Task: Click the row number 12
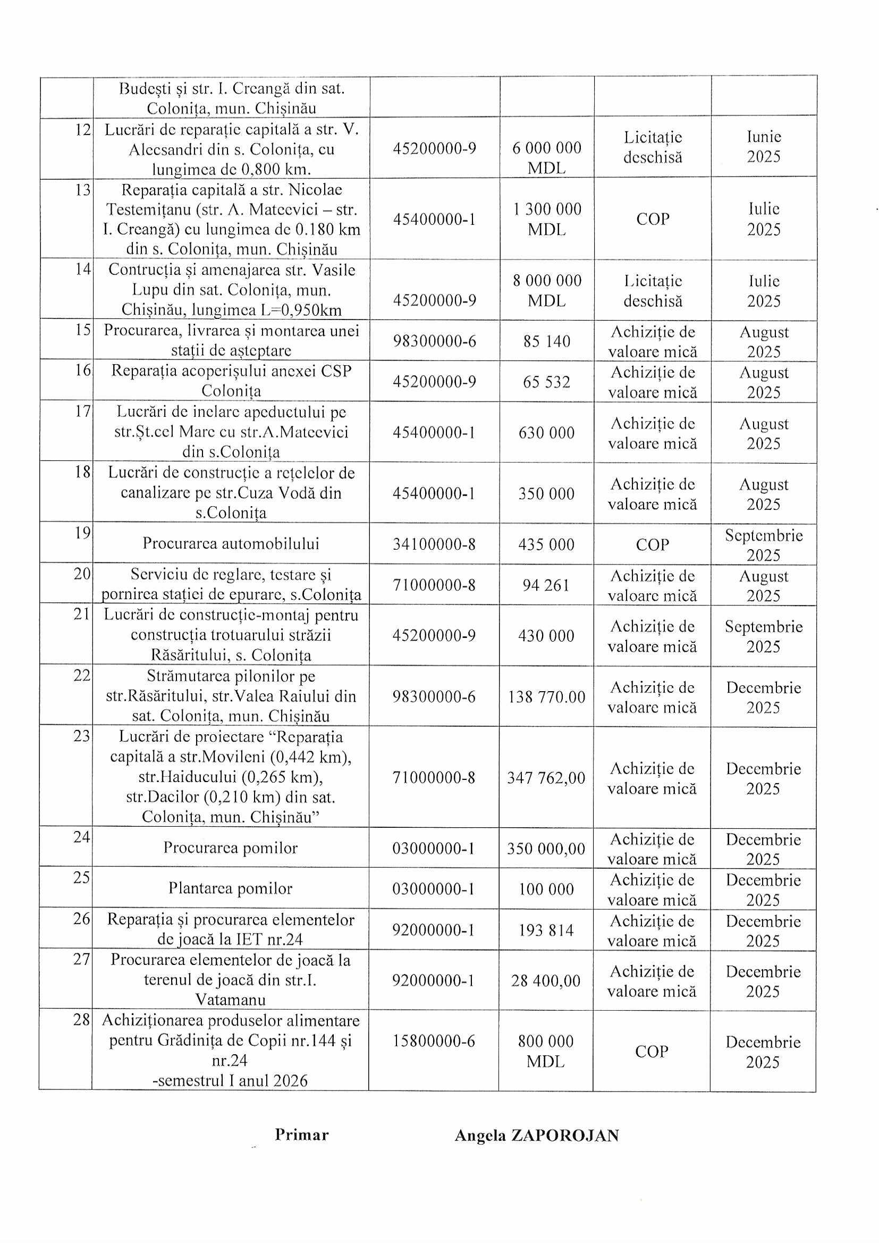click(x=83, y=130)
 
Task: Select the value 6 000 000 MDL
click(x=547, y=157)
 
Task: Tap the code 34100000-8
click(x=434, y=544)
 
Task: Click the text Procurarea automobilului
click(x=231, y=543)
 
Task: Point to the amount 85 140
click(x=547, y=341)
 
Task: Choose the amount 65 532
click(x=547, y=382)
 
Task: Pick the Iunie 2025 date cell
click(x=764, y=147)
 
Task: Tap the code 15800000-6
click(x=434, y=1040)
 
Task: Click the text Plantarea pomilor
click(x=230, y=888)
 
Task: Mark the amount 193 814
click(x=546, y=930)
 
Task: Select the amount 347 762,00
click(x=546, y=778)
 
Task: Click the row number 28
click(x=82, y=1020)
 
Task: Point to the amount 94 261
click(x=546, y=585)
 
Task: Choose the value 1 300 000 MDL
click(x=547, y=219)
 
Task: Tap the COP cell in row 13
click(x=653, y=219)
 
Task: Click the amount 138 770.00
click(x=546, y=697)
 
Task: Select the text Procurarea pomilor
click(x=231, y=848)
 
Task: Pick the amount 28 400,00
click(x=546, y=980)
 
